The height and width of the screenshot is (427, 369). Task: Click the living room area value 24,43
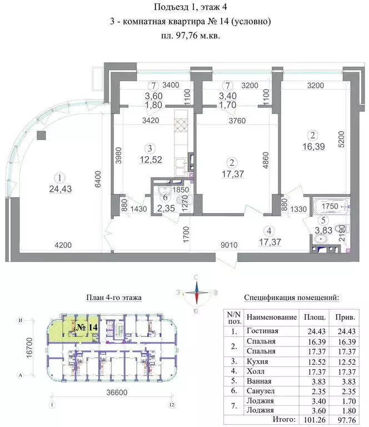point(59,188)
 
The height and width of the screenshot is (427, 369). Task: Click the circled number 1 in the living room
point(59,177)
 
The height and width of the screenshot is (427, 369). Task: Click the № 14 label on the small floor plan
point(86,327)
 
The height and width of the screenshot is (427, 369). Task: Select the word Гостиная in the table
point(262,331)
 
